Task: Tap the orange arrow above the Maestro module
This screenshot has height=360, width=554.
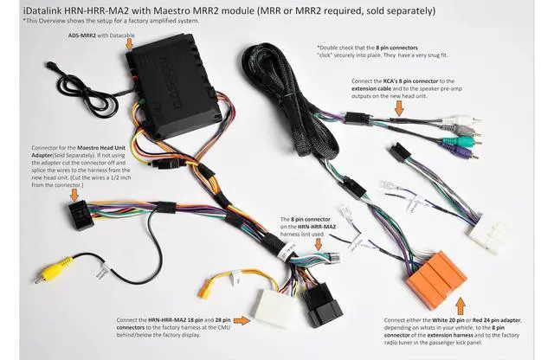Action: point(130,42)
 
